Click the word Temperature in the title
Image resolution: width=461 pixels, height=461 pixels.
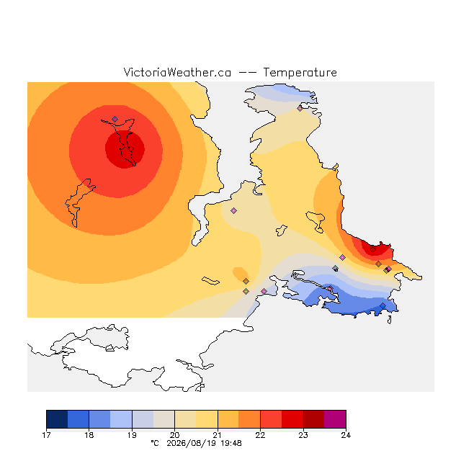pos(300,73)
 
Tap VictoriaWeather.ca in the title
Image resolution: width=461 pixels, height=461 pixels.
pos(177,73)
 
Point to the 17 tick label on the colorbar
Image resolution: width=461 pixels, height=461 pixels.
pos(46,435)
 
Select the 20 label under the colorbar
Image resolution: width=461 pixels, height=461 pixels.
pos(174,435)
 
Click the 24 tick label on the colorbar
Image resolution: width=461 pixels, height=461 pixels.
pos(346,435)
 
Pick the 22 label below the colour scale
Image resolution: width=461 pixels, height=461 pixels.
pos(260,435)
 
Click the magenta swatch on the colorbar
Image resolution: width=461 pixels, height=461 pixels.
pos(335,419)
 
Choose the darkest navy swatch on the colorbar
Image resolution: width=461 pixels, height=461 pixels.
pos(57,419)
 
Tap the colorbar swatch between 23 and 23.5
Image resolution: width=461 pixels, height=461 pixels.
pos(314,419)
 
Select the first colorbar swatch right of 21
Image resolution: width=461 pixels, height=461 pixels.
pos(228,419)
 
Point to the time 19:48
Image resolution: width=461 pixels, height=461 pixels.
pos(231,444)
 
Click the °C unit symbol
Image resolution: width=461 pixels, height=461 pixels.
pos(155,443)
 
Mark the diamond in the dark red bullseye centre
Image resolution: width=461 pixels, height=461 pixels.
pos(131,149)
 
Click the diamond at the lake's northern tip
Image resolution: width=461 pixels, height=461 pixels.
pos(115,119)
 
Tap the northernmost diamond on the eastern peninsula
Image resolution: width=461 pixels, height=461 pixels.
pos(300,109)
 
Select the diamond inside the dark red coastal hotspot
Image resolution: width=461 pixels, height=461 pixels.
pos(373,250)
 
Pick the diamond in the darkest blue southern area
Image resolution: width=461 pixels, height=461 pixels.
pos(382,305)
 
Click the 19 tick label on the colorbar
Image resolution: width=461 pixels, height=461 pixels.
pos(132,435)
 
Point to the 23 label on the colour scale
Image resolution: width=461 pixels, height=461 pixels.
pos(303,435)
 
